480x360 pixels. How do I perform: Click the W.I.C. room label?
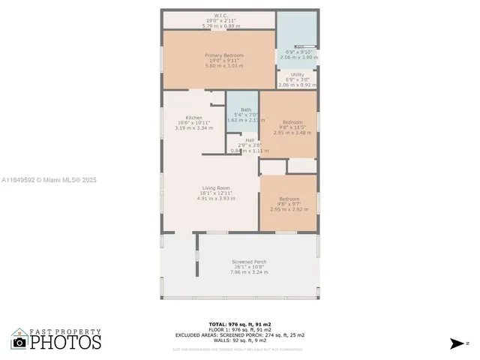(220, 15)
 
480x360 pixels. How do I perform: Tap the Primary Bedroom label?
(220, 55)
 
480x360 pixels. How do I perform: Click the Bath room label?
(245, 109)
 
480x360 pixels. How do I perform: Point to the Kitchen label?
(193, 118)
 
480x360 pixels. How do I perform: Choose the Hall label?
(249, 140)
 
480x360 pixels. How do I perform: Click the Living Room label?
(215, 187)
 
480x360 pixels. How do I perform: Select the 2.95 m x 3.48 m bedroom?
(292, 127)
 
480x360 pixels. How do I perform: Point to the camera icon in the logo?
(19, 342)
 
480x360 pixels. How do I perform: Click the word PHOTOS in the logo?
(65, 342)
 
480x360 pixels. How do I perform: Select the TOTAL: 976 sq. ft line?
(239, 323)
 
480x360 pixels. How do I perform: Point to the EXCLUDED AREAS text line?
(239, 334)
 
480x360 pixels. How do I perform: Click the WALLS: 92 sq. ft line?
(239, 340)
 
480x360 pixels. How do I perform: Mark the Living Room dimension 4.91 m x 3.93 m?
(215, 199)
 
